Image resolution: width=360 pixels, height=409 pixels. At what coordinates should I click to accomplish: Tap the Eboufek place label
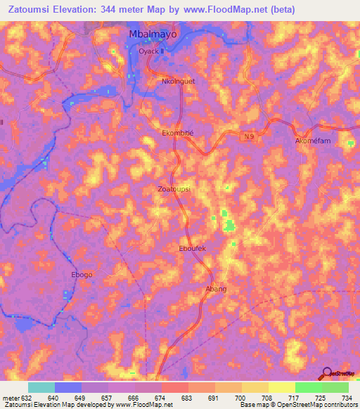(192, 248)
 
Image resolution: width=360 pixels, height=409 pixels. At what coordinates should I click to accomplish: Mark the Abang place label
(215, 289)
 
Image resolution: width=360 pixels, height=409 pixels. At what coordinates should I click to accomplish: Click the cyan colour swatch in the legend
(41, 387)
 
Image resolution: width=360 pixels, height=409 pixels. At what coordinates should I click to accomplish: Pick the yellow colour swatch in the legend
(282, 387)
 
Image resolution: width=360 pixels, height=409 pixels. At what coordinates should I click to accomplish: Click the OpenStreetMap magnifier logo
(328, 373)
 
